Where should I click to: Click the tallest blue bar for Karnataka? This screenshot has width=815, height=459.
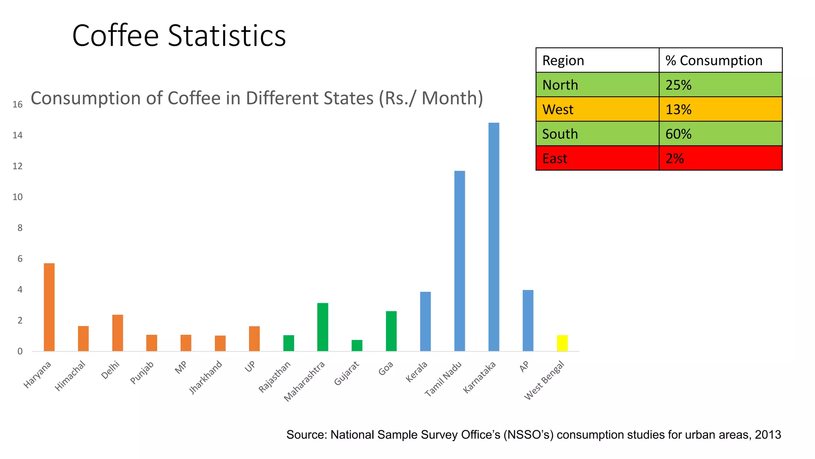point(493,237)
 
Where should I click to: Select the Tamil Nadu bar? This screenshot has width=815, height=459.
point(459,261)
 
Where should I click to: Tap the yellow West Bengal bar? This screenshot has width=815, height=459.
point(562,343)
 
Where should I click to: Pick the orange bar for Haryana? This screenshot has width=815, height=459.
point(49,307)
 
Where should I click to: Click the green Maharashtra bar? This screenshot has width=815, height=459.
point(323,327)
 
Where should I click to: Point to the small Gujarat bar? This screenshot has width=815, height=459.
point(357,345)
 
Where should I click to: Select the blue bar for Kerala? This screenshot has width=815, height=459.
point(425,322)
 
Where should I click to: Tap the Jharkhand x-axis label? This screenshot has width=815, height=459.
point(205,377)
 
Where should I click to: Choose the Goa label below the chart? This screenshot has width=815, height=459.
point(386,368)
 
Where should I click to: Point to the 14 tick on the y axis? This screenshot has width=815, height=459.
point(18,135)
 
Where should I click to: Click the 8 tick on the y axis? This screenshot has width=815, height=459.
point(20,228)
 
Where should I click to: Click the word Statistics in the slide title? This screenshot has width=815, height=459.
point(227,36)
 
